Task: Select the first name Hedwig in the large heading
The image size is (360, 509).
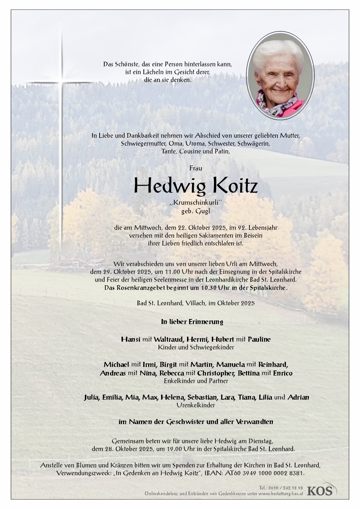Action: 170,186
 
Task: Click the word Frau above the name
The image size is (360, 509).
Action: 196,168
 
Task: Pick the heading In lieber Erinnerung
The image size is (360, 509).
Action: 192,322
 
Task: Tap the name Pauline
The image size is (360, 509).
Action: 259,339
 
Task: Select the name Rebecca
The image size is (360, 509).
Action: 172,373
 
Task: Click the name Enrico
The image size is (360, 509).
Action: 283,373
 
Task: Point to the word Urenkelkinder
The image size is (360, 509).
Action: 196,405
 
